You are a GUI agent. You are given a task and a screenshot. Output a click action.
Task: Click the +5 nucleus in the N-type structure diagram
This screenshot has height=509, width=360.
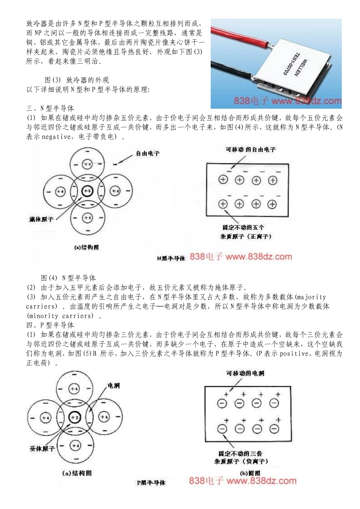(87, 191)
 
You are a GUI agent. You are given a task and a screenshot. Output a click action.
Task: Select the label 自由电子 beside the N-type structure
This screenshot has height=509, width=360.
(148, 153)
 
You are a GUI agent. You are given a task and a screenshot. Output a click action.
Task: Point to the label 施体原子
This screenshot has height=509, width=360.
(41, 219)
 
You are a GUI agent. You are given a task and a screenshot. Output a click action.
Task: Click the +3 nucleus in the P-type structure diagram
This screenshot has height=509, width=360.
(74, 417)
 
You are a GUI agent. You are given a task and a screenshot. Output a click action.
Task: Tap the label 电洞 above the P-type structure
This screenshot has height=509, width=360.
(114, 386)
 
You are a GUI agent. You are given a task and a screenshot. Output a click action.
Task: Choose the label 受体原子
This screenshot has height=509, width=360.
(42, 448)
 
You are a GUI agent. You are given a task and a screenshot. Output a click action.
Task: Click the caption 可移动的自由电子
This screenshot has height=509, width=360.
(250, 150)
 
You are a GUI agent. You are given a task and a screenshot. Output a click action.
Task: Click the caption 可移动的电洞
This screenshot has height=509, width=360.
(245, 373)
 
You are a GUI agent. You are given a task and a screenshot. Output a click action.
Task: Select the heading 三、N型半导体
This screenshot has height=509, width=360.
(50, 108)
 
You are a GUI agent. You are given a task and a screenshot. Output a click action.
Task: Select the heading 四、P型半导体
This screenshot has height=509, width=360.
(50, 325)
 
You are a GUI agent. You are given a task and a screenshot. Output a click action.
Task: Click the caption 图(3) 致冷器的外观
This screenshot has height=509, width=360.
(77, 80)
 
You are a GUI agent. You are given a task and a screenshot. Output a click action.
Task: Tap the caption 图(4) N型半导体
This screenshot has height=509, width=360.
(68, 278)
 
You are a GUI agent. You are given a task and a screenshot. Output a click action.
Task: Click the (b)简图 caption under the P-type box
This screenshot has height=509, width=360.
(250, 473)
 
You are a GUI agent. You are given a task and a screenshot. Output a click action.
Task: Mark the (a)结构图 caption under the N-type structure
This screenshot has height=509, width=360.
(86, 247)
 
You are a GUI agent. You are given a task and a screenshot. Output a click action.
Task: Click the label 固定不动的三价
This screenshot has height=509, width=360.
(240, 453)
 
